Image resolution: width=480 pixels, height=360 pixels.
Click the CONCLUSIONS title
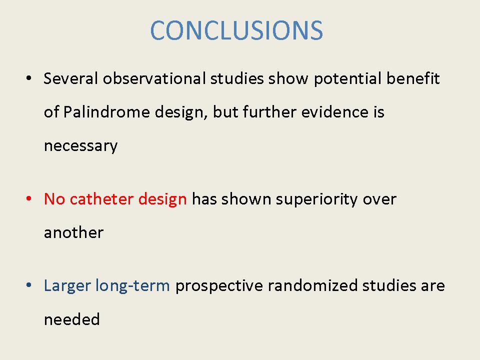tap(236, 30)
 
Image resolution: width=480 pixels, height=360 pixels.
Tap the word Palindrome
tap(106, 111)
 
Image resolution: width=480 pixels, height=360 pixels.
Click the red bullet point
tap(29, 199)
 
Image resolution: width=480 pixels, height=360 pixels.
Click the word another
tap(73, 232)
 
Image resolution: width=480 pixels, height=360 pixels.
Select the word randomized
tap(312, 285)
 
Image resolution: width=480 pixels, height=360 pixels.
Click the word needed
tap(72, 319)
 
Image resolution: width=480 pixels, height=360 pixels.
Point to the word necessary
tap(81, 146)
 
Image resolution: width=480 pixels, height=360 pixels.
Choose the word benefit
tap(413, 78)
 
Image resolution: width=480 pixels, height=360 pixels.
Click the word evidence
tap(334, 111)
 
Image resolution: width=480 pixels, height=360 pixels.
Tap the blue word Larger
tap(67, 286)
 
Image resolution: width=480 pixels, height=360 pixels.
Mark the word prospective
tap(219, 286)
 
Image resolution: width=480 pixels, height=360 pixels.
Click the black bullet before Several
tap(29, 78)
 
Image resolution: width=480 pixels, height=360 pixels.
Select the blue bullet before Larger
tap(29, 285)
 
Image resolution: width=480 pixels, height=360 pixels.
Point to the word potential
tap(348, 79)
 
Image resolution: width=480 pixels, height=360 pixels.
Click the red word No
tap(54, 199)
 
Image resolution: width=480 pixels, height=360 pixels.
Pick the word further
tap(269, 111)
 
